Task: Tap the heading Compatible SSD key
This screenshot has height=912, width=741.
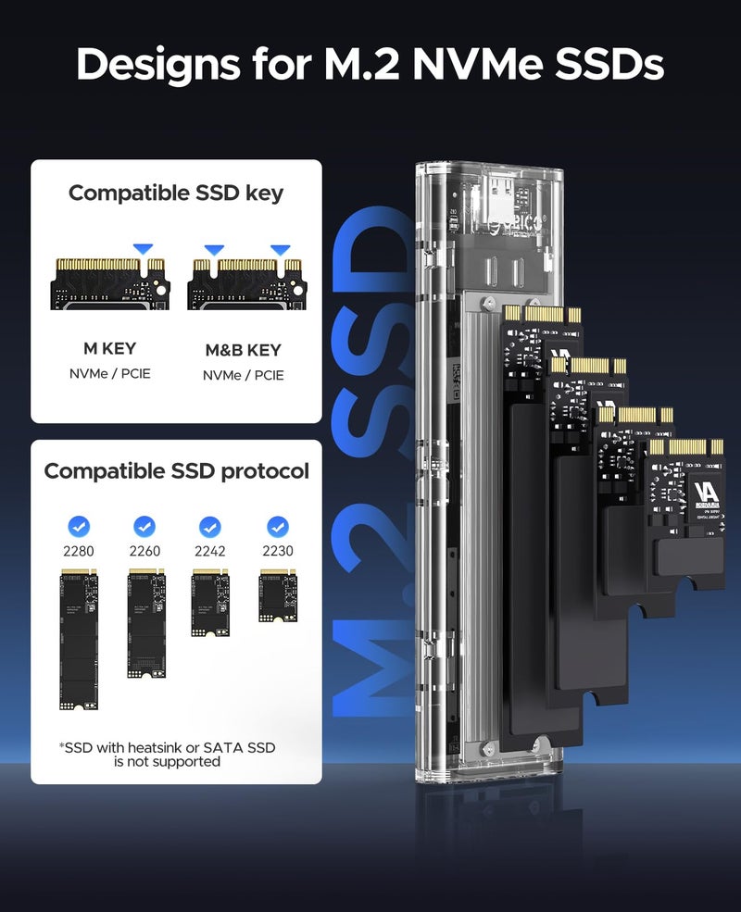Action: (176, 194)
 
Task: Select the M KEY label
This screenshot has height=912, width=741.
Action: (109, 348)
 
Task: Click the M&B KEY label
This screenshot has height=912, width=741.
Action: (243, 351)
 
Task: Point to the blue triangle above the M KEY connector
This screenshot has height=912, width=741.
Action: (143, 249)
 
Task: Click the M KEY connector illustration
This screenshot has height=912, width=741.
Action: (109, 283)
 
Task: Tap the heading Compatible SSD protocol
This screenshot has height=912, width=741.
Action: (176, 471)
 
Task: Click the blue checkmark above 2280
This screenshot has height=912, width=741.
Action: (80, 527)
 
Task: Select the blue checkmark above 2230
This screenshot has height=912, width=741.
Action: (277, 527)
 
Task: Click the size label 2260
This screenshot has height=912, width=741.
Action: (144, 551)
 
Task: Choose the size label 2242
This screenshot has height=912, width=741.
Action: (210, 551)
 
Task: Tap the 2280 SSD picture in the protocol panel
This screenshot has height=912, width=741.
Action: (80, 640)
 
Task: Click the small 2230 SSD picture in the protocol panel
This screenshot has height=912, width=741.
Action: (277, 595)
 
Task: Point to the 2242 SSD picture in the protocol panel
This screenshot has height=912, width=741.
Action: (210, 603)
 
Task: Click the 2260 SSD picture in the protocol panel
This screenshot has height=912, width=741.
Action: (144, 623)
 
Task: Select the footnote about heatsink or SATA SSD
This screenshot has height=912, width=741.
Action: (168, 755)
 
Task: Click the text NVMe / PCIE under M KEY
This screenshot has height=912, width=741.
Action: (109, 373)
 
